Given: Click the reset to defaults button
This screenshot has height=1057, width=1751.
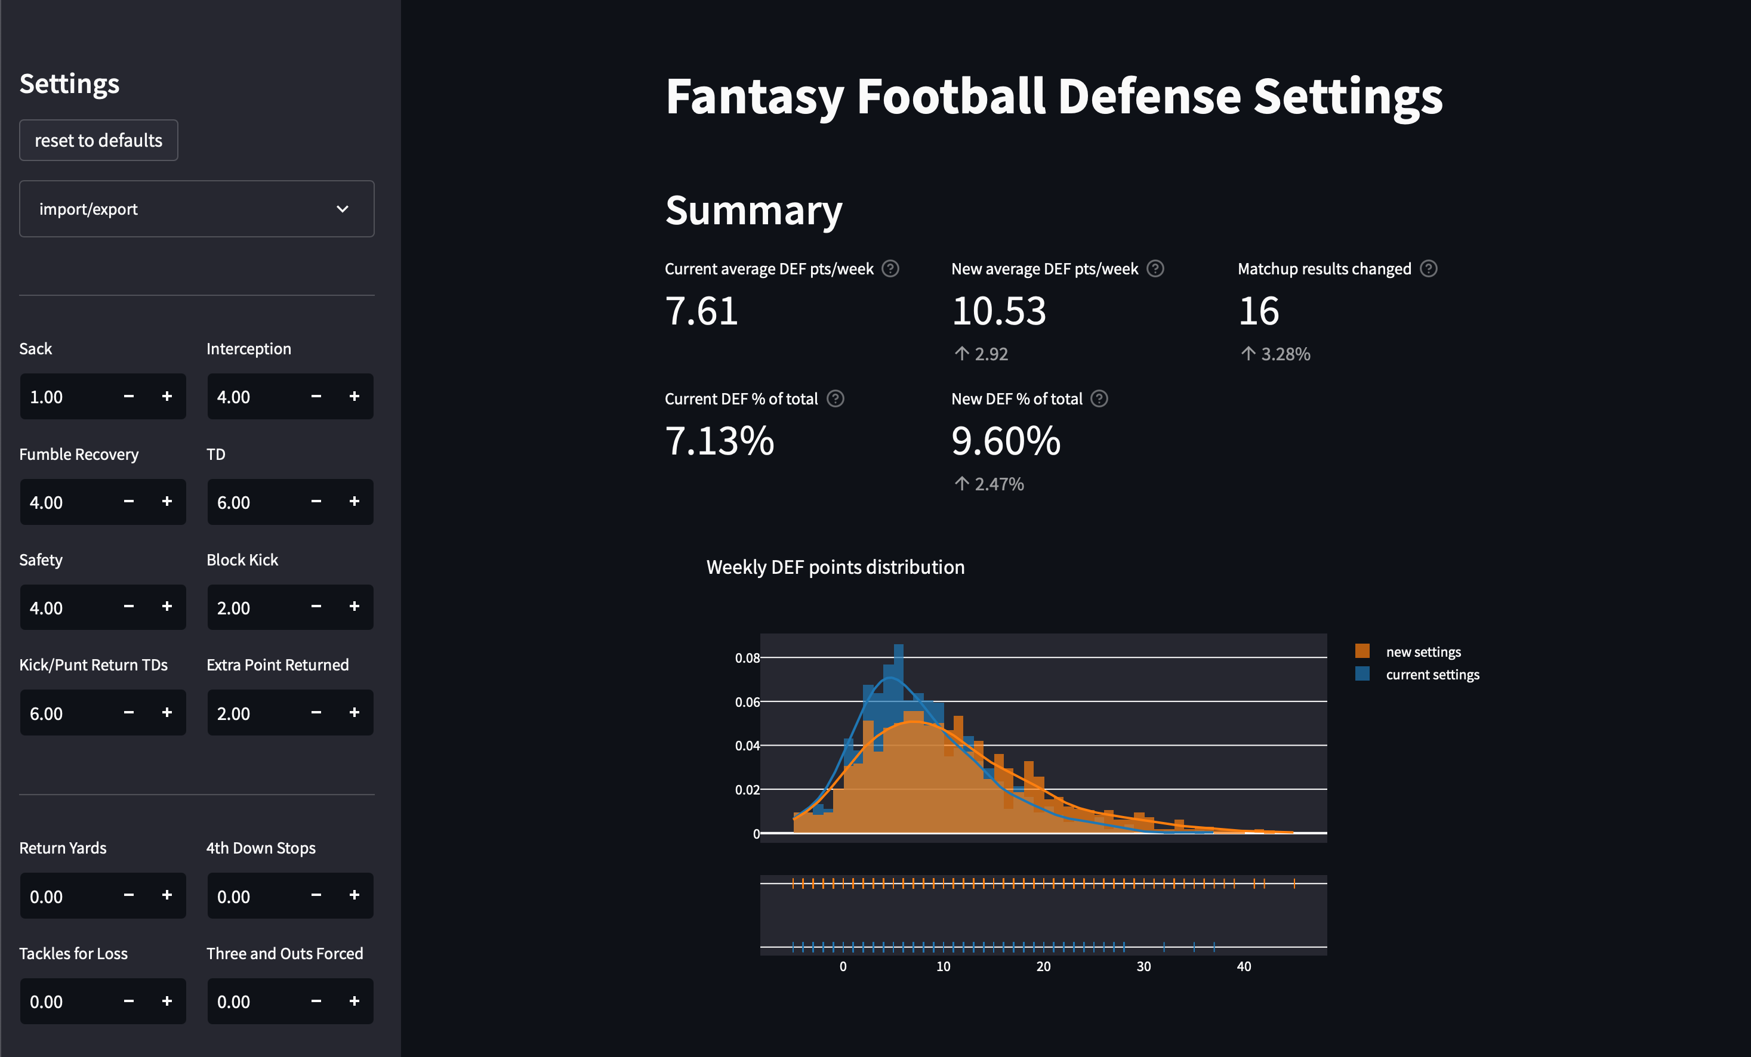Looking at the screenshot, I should pyautogui.click(x=98, y=140).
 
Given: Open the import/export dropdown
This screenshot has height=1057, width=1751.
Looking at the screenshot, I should pyautogui.click(x=196, y=209).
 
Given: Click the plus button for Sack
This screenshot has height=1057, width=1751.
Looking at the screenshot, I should pyautogui.click(x=167, y=396).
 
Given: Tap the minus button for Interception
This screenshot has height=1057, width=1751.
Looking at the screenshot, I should pyautogui.click(x=316, y=396).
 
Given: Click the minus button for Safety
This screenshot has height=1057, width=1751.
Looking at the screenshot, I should pyautogui.click(x=129, y=607).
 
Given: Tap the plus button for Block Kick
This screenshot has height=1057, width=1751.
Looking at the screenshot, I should pyautogui.click(x=354, y=607).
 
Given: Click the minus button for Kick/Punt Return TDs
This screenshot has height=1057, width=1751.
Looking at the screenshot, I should pyautogui.click(x=129, y=712).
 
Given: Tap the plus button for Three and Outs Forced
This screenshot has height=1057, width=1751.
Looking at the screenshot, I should pyautogui.click(x=354, y=1001).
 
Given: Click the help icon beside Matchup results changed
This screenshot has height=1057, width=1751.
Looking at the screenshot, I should pyautogui.click(x=1428, y=268).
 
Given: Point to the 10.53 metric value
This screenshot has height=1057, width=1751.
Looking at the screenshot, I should pyautogui.click(x=998, y=311).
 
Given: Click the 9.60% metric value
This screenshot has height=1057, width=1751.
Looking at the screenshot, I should pyautogui.click(x=1006, y=441).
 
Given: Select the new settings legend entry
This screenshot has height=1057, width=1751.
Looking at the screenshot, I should pyautogui.click(x=1423, y=651).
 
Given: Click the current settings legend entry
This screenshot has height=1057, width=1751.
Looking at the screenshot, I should pyautogui.click(x=1432, y=674).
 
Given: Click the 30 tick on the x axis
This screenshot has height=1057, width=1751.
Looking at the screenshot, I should pyautogui.click(x=1143, y=966).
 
